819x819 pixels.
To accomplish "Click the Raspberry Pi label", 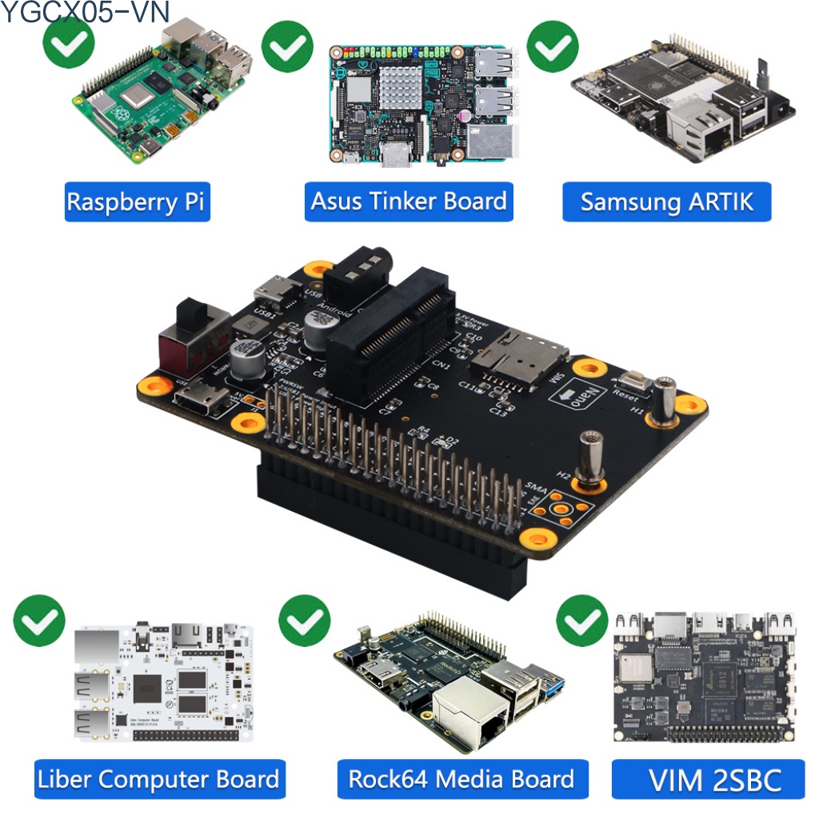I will (x=136, y=202).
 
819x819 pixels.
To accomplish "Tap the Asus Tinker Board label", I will (x=409, y=202).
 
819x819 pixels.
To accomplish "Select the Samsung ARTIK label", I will (x=667, y=202).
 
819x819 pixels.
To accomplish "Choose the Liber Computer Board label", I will (x=158, y=779).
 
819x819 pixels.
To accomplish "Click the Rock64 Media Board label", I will (x=461, y=779).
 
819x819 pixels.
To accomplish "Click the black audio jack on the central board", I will (x=357, y=276).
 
